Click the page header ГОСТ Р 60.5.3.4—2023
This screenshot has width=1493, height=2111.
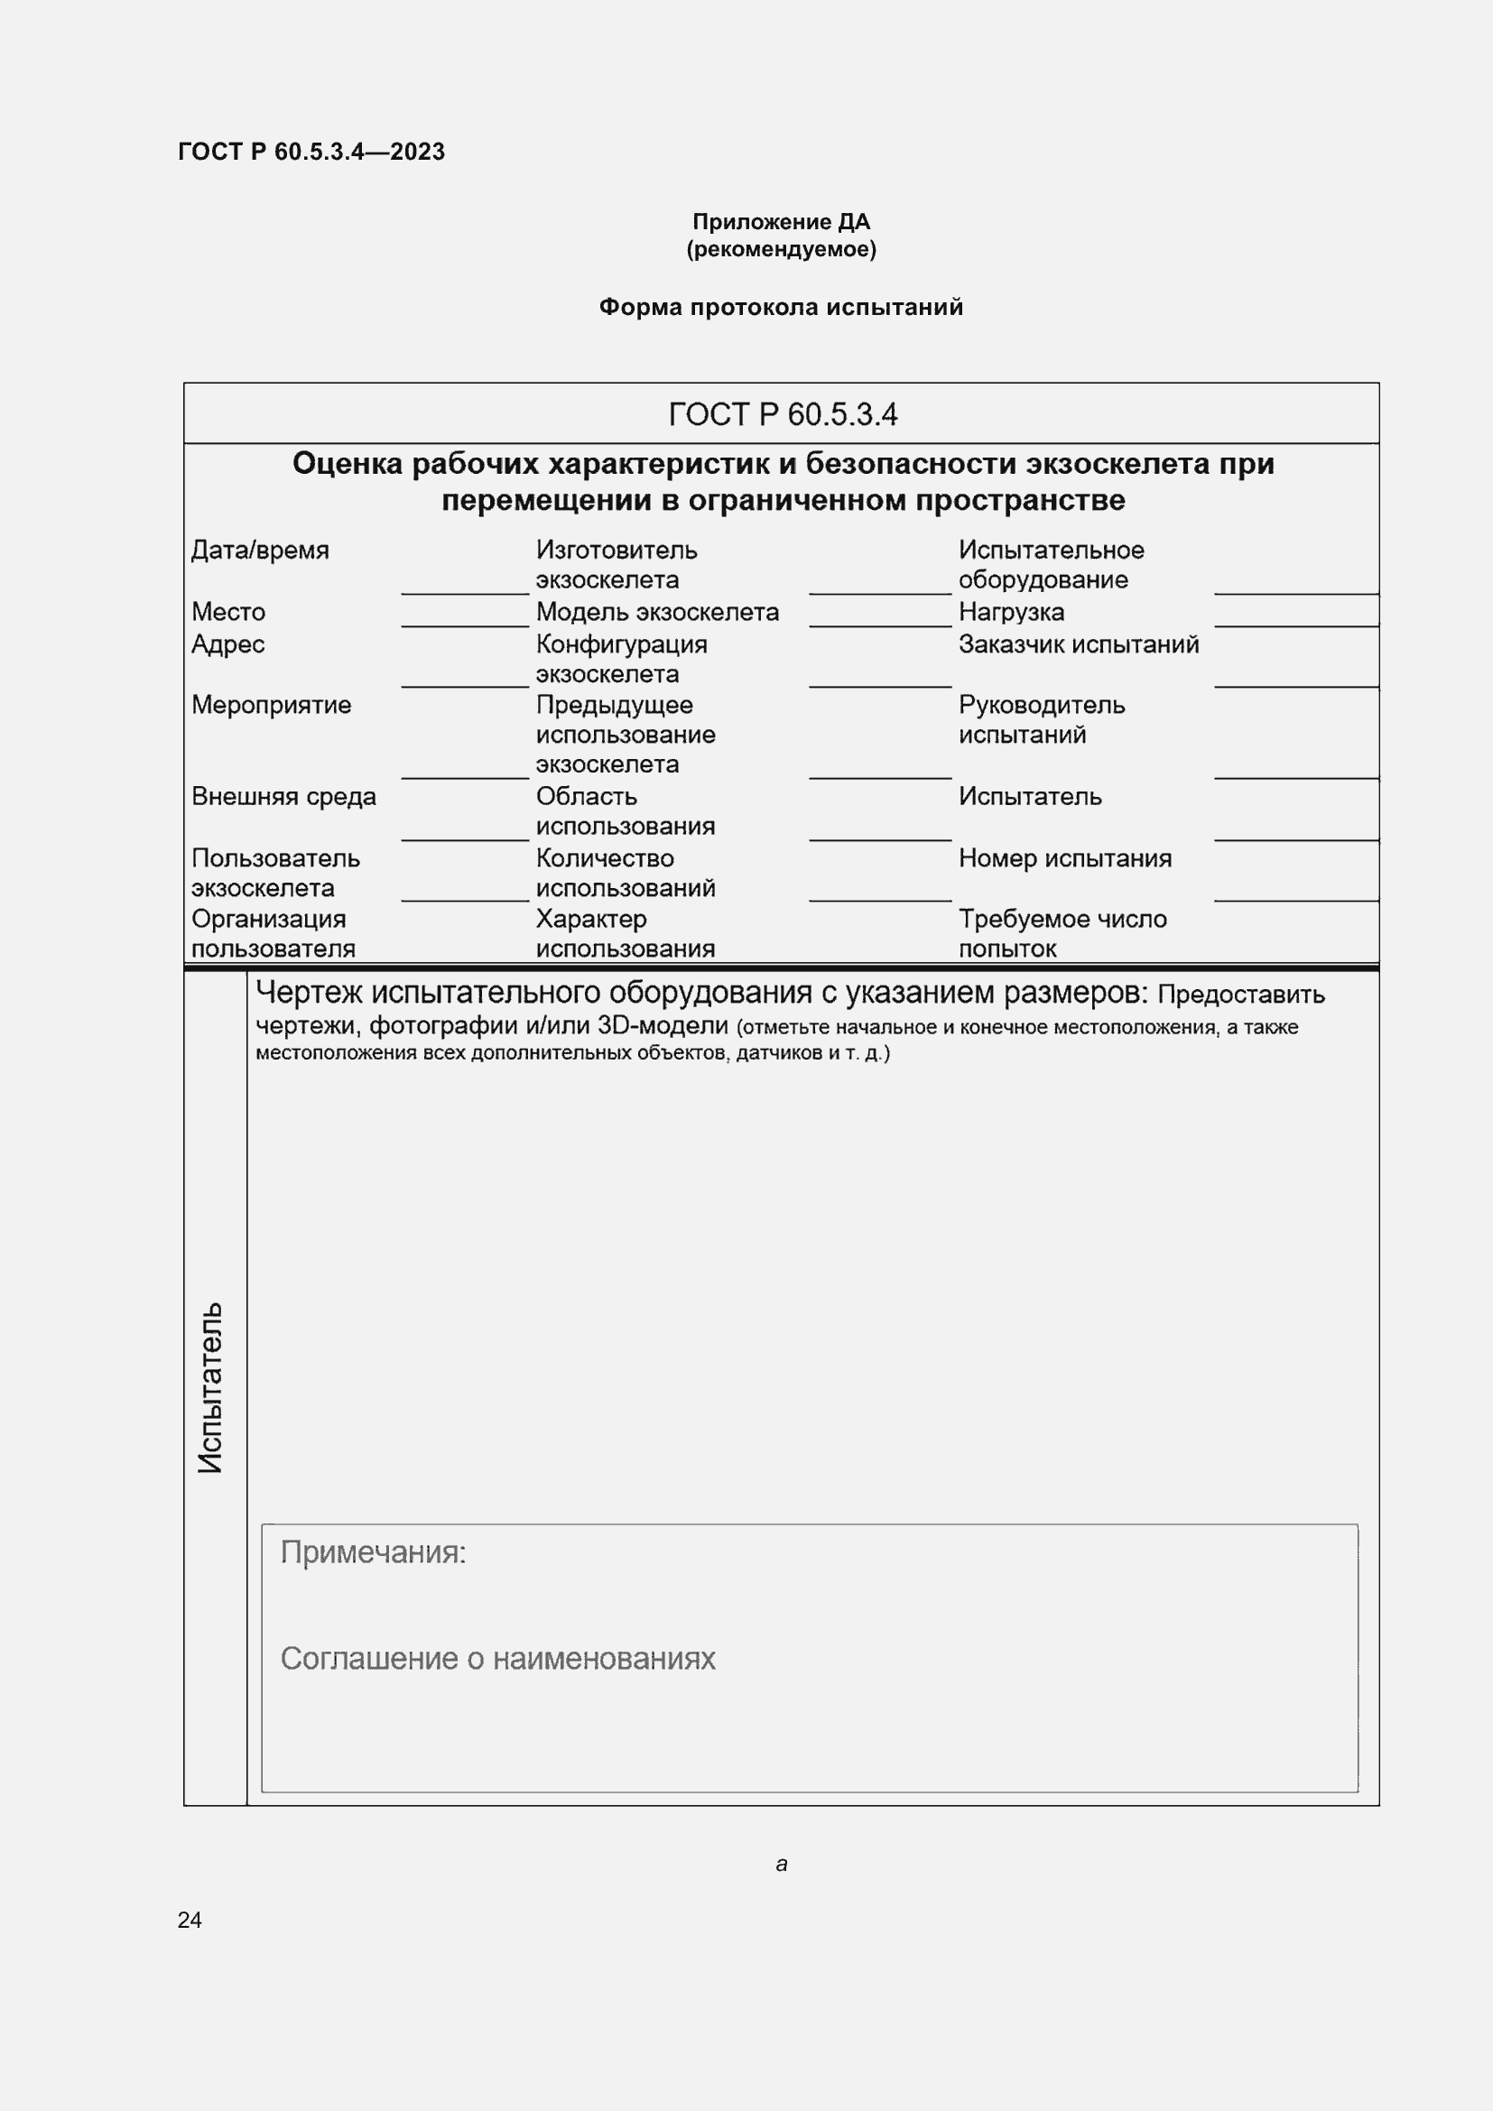coord(311,152)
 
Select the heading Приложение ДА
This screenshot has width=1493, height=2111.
coord(781,222)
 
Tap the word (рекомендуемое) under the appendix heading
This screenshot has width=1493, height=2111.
coord(781,249)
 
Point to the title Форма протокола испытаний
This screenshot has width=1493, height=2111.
coord(781,307)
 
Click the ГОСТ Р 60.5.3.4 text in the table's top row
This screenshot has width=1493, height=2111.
coord(783,414)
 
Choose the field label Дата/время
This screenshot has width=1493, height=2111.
coord(260,550)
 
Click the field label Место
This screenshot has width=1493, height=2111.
coord(228,611)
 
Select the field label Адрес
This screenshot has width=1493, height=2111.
coord(228,643)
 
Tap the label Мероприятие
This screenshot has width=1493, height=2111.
coord(271,704)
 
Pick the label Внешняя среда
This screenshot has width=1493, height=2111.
coord(283,796)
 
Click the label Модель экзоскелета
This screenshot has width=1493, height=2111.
coord(657,611)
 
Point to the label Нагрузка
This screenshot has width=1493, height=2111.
coord(1011,611)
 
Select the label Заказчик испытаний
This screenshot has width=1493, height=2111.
coord(1079,643)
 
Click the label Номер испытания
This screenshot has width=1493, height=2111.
coord(1064,857)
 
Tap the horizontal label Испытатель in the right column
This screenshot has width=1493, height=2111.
coord(1030,796)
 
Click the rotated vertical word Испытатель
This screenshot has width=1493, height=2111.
coord(210,1387)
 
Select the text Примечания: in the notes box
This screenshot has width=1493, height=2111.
coord(374,1553)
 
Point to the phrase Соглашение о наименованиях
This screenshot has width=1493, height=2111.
coord(497,1659)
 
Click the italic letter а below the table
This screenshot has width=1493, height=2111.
coord(782,1865)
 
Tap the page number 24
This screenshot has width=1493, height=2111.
coord(190,1920)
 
